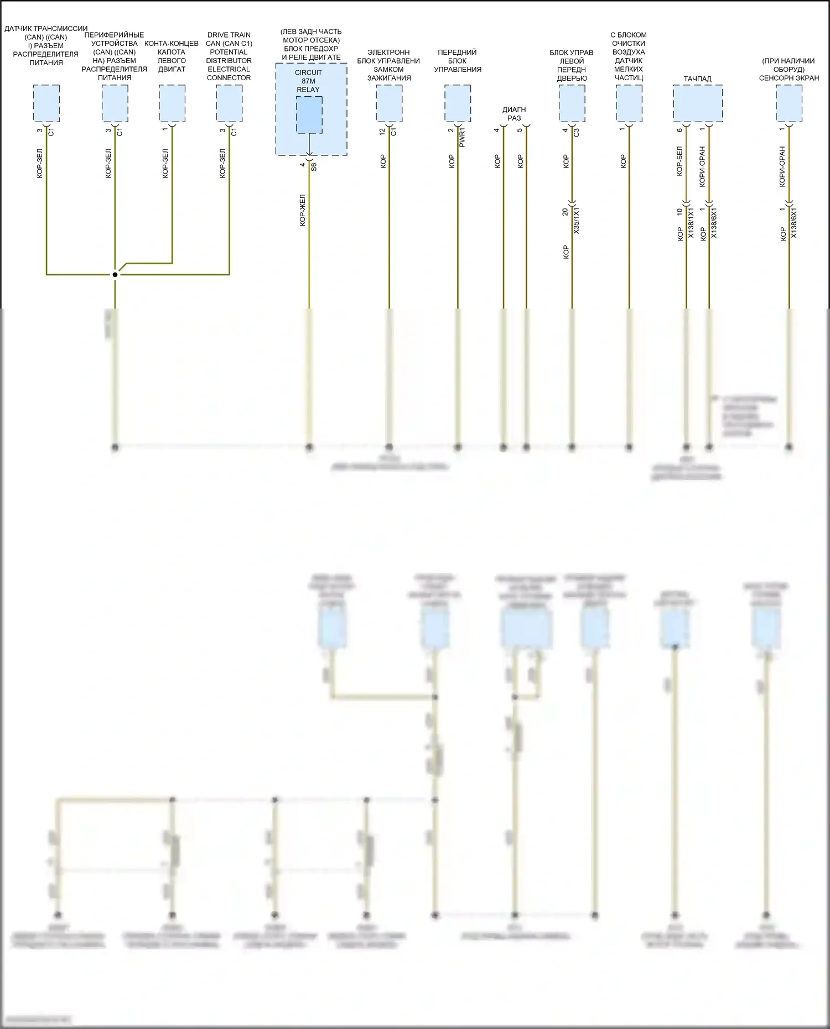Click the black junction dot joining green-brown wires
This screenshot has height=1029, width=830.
pyautogui.click(x=115, y=274)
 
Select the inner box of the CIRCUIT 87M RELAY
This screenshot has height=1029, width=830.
pyautogui.click(x=309, y=114)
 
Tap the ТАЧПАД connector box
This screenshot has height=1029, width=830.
pyautogui.click(x=697, y=103)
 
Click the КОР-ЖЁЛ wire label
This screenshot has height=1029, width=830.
pyautogui.click(x=303, y=210)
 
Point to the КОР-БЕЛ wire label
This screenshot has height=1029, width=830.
pyautogui.click(x=679, y=161)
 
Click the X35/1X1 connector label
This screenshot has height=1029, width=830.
pyautogui.click(x=577, y=221)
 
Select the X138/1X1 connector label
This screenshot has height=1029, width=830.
pyautogui.click(x=691, y=223)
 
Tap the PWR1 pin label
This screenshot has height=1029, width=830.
pyautogui.click(x=463, y=137)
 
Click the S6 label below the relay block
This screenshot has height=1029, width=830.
pyautogui.click(x=314, y=166)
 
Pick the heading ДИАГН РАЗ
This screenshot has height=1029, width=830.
pyautogui.click(x=514, y=114)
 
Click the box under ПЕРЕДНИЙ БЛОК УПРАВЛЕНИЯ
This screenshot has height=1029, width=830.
pyautogui.click(x=458, y=103)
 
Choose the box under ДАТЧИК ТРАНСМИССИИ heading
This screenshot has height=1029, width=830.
pyautogui.click(x=46, y=103)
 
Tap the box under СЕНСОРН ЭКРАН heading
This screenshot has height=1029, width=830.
pyautogui.click(x=788, y=103)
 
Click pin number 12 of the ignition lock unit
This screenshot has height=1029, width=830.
pyautogui.click(x=382, y=132)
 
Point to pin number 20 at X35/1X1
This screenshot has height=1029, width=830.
pyautogui.click(x=565, y=212)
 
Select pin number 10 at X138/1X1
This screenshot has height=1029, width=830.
pyautogui.click(x=679, y=212)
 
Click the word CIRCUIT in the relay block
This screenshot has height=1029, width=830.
pyautogui.click(x=308, y=72)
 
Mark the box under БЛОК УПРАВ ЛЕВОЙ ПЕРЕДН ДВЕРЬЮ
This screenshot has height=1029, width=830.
pyautogui.click(x=572, y=103)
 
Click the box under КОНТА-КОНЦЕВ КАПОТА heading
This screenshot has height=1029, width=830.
pyautogui.click(x=172, y=103)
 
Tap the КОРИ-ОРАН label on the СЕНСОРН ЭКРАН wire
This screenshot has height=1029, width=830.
pyautogui.click(x=782, y=166)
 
